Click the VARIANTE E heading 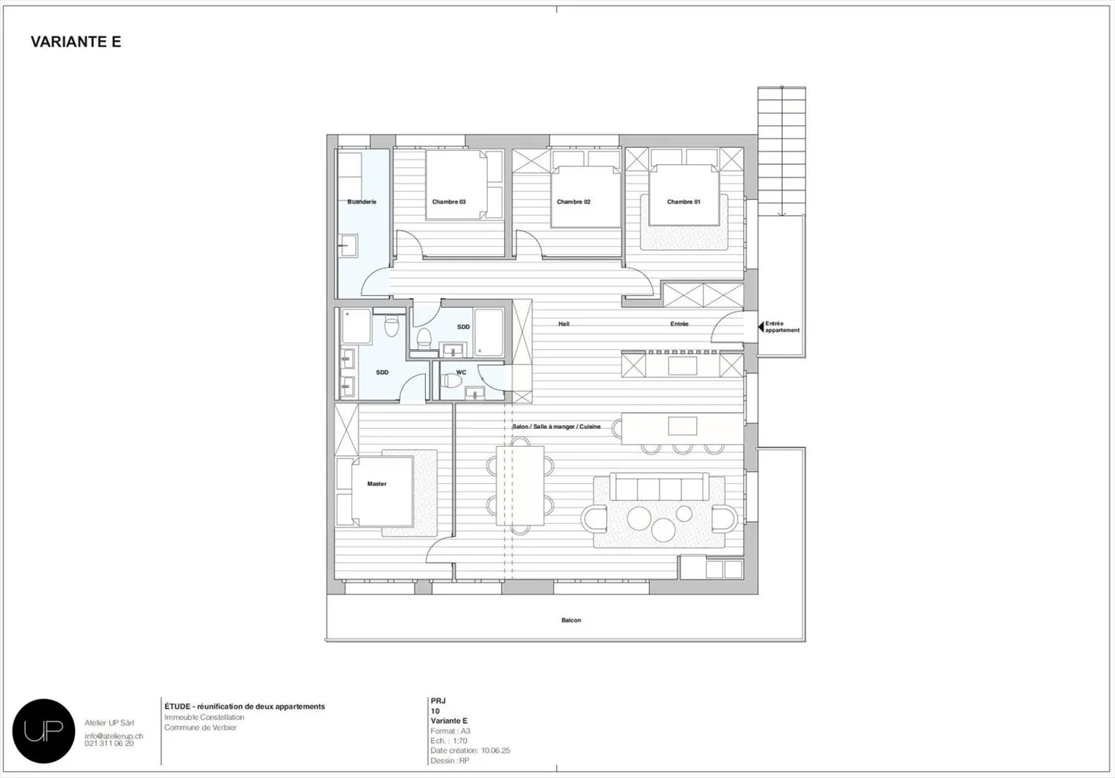click(x=76, y=42)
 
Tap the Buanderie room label click(x=362, y=202)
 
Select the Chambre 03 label click(x=449, y=202)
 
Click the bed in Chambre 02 click(x=585, y=197)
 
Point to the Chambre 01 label click(x=684, y=202)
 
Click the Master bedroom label click(x=376, y=484)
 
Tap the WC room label click(x=461, y=372)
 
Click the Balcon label click(x=571, y=620)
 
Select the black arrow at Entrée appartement click(x=760, y=327)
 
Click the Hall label click(x=564, y=324)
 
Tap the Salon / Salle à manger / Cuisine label click(x=556, y=427)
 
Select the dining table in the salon click(x=521, y=484)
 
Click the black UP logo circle click(x=43, y=730)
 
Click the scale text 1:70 click(x=461, y=741)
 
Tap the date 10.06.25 click(x=496, y=750)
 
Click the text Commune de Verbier click(x=200, y=728)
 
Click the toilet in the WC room click(x=450, y=380)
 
